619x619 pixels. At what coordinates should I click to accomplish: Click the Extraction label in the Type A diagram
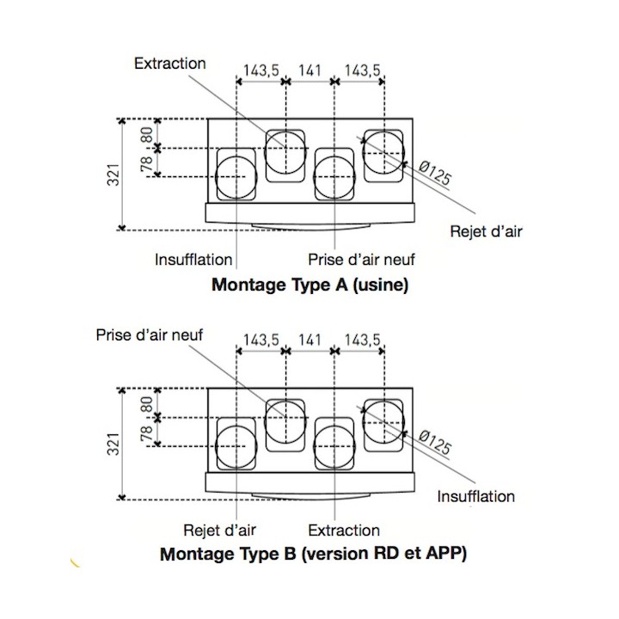click(x=169, y=63)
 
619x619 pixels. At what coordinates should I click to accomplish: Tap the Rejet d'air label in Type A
click(x=486, y=231)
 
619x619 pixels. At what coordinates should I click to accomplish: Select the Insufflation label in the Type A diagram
click(x=193, y=260)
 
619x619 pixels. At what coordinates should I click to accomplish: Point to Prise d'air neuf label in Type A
click(x=361, y=260)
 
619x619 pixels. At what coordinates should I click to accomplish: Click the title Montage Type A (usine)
click(x=309, y=285)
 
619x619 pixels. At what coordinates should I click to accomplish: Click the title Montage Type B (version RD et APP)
click(x=314, y=554)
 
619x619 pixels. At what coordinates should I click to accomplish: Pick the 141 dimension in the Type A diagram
click(x=309, y=70)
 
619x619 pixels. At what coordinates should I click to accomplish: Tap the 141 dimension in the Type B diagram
click(x=309, y=340)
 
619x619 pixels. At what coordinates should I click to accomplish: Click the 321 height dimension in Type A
click(x=114, y=175)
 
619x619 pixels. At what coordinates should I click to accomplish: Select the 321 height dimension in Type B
click(x=114, y=444)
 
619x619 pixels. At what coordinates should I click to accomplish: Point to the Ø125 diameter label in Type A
click(x=434, y=173)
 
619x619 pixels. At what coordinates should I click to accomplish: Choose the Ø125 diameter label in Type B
click(x=434, y=442)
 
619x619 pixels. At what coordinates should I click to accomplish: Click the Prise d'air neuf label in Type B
click(x=150, y=335)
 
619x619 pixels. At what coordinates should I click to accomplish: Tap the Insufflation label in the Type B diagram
click(x=476, y=497)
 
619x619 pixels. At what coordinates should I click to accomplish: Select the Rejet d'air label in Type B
click(x=219, y=530)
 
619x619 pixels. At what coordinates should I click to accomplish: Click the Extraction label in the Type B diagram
click(x=344, y=530)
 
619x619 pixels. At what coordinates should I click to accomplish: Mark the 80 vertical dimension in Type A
click(x=147, y=135)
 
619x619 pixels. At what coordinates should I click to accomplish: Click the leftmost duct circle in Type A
click(x=216, y=176)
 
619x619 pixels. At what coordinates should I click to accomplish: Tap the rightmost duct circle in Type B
click(x=363, y=420)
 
